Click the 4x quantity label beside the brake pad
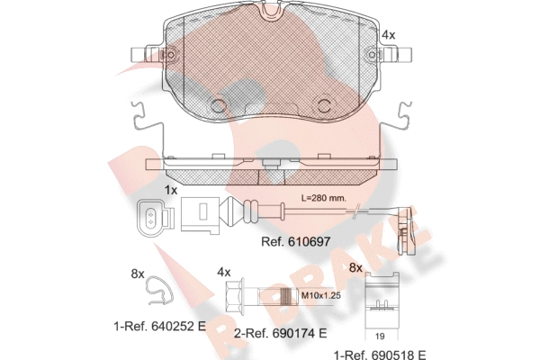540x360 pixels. pos(389,35)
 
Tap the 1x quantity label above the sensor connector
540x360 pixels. pos(170,190)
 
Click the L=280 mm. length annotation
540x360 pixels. pos(324,198)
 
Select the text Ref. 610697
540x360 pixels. pos(296,241)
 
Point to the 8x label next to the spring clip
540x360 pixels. pos(138,274)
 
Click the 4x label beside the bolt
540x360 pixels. pos(223,273)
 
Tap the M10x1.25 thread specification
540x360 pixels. pos(321,295)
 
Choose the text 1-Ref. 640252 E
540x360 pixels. pos(160,326)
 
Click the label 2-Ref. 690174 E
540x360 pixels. pos(280,333)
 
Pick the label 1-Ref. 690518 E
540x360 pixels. pos(380,355)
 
